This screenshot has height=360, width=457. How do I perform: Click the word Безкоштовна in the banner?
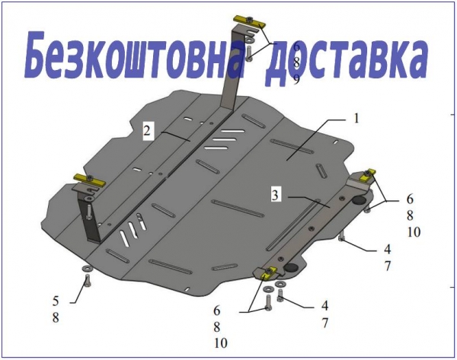coord(135,56)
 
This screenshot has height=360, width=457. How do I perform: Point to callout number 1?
coord(356,119)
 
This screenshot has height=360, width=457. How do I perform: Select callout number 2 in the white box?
coord(147,131)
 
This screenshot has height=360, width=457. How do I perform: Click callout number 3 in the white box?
coord(276,195)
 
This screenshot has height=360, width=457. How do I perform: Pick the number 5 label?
coord(56,301)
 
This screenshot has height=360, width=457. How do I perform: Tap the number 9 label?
coord(296,79)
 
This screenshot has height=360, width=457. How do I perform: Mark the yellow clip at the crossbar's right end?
coord(367,174)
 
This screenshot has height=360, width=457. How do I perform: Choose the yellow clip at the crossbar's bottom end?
coord(267,272)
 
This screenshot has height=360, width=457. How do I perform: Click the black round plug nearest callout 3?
coord(359,200)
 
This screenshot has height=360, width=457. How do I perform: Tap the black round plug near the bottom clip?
coord(290,267)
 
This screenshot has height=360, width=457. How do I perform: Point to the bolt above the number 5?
coord(87,281)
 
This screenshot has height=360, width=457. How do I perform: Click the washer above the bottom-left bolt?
coord(87,268)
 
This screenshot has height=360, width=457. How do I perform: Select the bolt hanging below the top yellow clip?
coord(249,54)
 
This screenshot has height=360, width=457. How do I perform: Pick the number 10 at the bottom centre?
coord(221,343)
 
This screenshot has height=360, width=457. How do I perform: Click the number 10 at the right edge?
coord(414,232)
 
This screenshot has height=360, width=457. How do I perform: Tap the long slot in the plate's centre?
coord(238,209)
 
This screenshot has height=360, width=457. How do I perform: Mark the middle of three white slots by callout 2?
coord(224,139)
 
